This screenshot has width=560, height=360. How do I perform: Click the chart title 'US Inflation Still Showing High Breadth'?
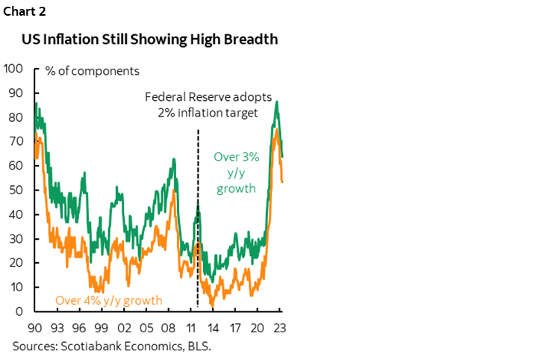[x=149, y=40]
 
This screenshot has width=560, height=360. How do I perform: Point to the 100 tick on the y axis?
[x=13, y=69]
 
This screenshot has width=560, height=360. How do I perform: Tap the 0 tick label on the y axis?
[x=19, y=311]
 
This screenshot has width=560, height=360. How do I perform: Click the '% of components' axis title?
[x=91, y=71]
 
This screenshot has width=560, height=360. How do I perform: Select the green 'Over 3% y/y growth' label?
[x=236, y=173]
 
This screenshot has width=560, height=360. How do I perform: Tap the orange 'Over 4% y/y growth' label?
[x=109, y=301]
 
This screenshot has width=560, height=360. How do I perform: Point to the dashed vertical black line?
[x=198, y=224]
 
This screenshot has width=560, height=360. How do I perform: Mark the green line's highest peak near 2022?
[x=278, y=102]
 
